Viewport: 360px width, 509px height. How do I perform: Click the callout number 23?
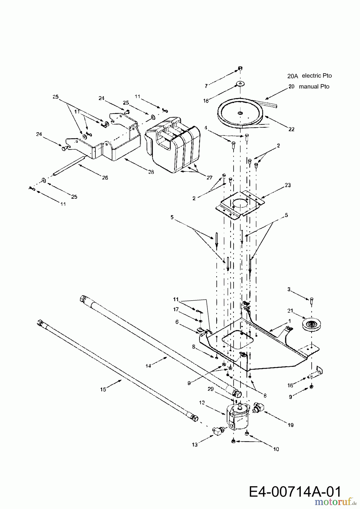[288, 185]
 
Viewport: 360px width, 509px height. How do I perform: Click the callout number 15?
[103, 389]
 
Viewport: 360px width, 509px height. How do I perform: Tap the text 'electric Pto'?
[317, 76]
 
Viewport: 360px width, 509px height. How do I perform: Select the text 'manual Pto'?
[314, 87]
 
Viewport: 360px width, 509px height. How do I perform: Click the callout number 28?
[151, 172]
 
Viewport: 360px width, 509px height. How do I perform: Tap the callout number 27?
[209, 178]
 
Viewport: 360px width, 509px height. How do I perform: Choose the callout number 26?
[105, 178]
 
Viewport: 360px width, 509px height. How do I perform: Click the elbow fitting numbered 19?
[259, 408]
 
